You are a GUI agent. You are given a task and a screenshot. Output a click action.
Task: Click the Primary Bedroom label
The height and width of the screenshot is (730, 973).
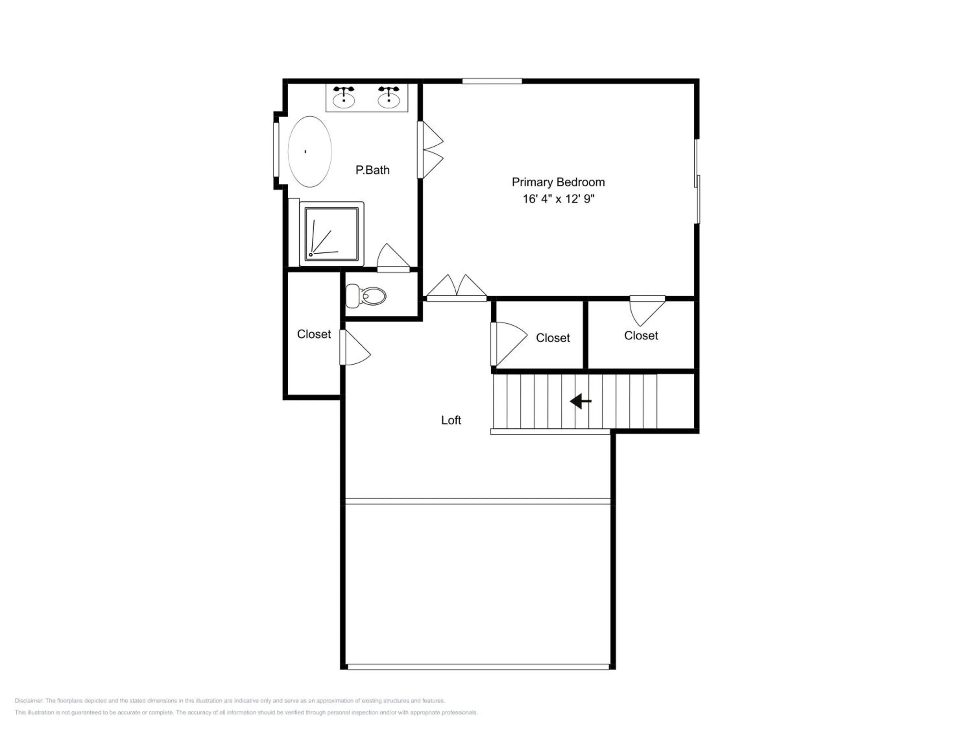tap(558, 182)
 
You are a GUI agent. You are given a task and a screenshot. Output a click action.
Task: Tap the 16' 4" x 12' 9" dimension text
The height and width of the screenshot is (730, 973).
tap(558, 199)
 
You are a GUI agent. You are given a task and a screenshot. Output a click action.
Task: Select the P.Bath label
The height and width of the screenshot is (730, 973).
tap(373, 170)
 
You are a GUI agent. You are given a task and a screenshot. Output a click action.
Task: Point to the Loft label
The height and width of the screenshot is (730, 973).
tap(451, 420)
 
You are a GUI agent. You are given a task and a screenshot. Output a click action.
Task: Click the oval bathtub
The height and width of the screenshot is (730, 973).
tap(310, 152)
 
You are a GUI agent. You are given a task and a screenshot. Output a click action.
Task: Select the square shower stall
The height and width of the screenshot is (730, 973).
tap(332, 234)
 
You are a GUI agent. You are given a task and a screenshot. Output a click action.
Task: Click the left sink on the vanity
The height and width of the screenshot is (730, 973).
tap(343, 97)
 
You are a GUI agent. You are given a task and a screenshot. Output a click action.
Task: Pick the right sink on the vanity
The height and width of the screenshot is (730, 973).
tap(389, 97)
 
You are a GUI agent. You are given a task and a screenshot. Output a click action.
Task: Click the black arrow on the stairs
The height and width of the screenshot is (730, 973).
tap(581, 401)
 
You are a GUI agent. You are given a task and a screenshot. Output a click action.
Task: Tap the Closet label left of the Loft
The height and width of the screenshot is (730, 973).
tap(314, 335)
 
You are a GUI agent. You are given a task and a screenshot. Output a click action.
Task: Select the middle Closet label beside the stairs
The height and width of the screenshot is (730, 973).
tap(553, 338)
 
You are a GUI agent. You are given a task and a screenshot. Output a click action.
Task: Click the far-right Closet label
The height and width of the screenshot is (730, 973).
tap(641, 336)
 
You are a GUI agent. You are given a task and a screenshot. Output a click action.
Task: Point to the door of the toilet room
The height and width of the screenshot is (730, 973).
tap(393, 259)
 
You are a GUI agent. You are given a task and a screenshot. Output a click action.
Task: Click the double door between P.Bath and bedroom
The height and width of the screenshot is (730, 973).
tap(430, 150)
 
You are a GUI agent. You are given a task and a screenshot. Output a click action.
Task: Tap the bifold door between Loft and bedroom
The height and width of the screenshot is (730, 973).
tap(457, 288)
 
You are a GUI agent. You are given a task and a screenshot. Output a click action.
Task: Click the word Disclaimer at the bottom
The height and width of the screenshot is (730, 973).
tap(29, 700)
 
